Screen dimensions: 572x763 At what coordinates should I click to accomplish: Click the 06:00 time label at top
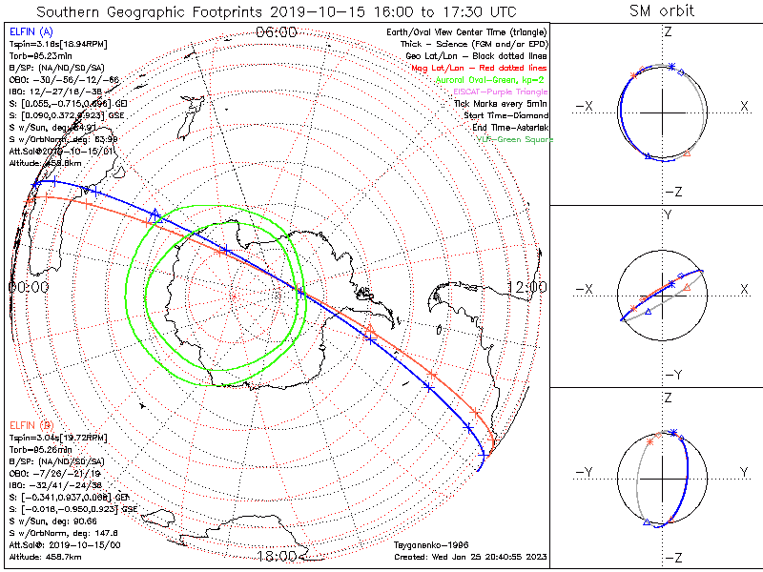click(x=276, y=31)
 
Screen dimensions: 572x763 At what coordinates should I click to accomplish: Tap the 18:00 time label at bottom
click(x=276, y=555)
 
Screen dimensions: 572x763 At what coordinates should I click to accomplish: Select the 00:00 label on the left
click(x=29, y=286)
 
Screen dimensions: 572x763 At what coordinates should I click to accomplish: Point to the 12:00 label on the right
click(x=526, y=286)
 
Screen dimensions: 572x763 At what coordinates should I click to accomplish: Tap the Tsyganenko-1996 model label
click(x=428, y=544)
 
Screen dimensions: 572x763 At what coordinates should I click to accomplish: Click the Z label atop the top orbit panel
click(x=667, y=31)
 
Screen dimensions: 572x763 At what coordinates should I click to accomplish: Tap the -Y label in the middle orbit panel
click(x=667, y=375)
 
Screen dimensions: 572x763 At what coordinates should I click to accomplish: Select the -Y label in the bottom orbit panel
click(x=586, y=472)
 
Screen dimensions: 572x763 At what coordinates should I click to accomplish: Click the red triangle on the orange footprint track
click(x=370, y=329)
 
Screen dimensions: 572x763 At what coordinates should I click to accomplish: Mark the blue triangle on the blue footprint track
click(x=156, y=214)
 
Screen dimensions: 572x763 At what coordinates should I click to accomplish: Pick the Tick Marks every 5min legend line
click(x=502, y=103)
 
